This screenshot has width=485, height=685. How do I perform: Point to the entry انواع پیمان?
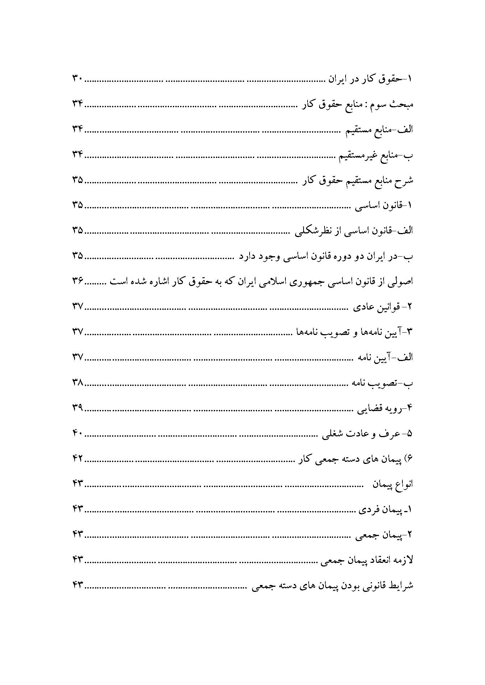click(393, 484)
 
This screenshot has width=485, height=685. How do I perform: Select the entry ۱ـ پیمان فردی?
click(385, 510)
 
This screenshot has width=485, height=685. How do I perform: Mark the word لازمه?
click(404, 560)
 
